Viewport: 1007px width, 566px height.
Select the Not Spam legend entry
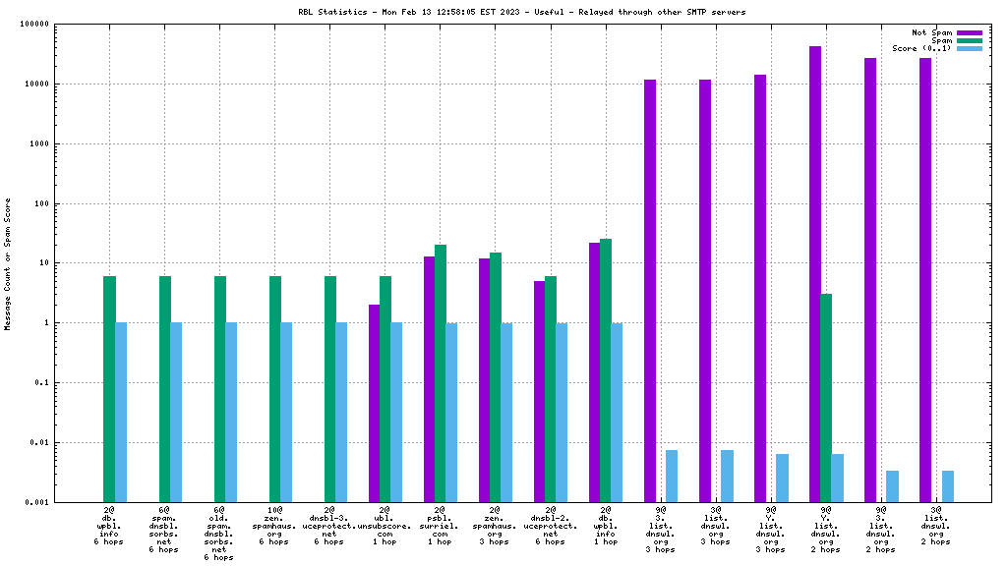coord(969,32)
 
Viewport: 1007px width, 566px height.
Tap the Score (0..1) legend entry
coord(969,48)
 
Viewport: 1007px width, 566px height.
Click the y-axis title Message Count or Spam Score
coord(9,263)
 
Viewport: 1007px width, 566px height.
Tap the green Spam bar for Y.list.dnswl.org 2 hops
coord(826,398)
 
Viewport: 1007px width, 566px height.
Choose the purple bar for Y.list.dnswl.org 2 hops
coord(815,274)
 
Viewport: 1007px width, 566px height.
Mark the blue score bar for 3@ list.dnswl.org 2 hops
coord(947,486)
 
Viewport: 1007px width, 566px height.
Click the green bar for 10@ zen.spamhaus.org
coord(275,389)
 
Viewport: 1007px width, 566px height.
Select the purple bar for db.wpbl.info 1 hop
coord(594,372)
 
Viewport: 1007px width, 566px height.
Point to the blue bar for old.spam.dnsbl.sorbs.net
coord(231,413)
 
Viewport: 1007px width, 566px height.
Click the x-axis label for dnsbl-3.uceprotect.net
coord(330,526)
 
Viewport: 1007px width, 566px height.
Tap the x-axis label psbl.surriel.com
coord(441,526)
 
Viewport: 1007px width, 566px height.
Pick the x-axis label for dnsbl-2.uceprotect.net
coord(551,526)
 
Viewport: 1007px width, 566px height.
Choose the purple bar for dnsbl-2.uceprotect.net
coord(539,391)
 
